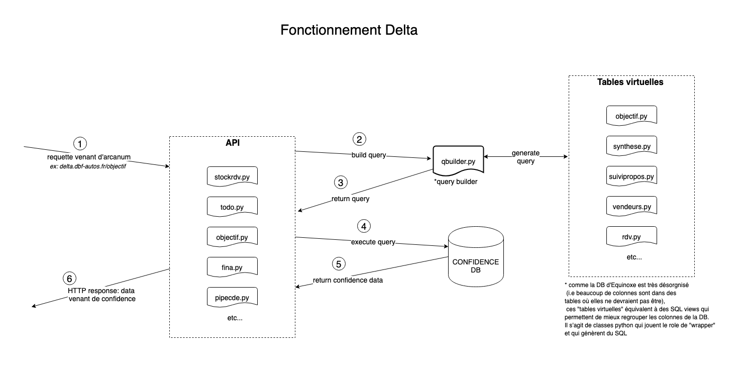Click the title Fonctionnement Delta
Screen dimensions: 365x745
pyautogui.click(x=349, y=30)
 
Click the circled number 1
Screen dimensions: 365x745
pyautogui.click(x=80, y=143)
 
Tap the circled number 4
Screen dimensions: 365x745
pyautogui.click(x=364, y=226)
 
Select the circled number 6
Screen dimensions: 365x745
pyautogui.click(x=70, y=278)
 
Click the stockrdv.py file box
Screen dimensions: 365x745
pyautogui.click(x=232, y=177)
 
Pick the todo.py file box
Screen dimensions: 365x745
pyautogui.click(x=232, y=207)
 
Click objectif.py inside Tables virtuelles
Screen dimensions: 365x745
pyautogui.click(x=631, y=116)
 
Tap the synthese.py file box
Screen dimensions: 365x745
pyautogui.click(x=631, y=146)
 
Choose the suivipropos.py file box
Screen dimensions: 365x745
pyautogui.click(x=631, y=176)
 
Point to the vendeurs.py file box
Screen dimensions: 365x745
pyautogui.click(x=631, y=207)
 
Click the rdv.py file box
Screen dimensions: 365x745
pyautogui.click(x=631, y=237)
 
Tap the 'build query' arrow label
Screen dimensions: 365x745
pyautogui.click(x=368, y=155)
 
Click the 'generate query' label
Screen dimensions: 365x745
pyautogui.click(x=525, y=157)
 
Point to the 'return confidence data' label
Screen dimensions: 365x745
pyautogui.click(x=348, y=280)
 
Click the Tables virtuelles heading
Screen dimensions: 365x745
pyautogui.click(x=630, y=82)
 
